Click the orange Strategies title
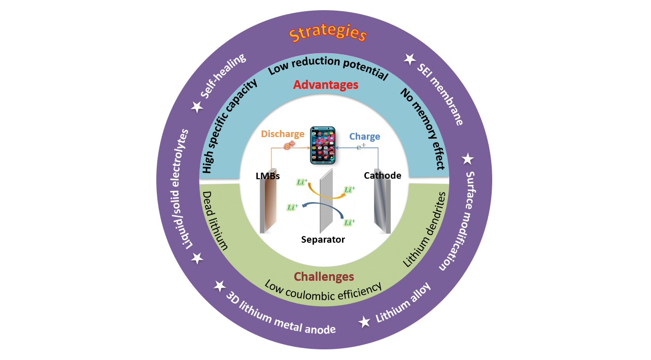327,34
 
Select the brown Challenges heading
324,277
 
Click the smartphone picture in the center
323,145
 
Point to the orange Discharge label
283,135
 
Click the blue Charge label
365,137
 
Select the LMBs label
268,176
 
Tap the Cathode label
383,176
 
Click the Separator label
323,239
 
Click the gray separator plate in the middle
325,201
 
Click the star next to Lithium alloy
364,322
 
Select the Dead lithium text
215,220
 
